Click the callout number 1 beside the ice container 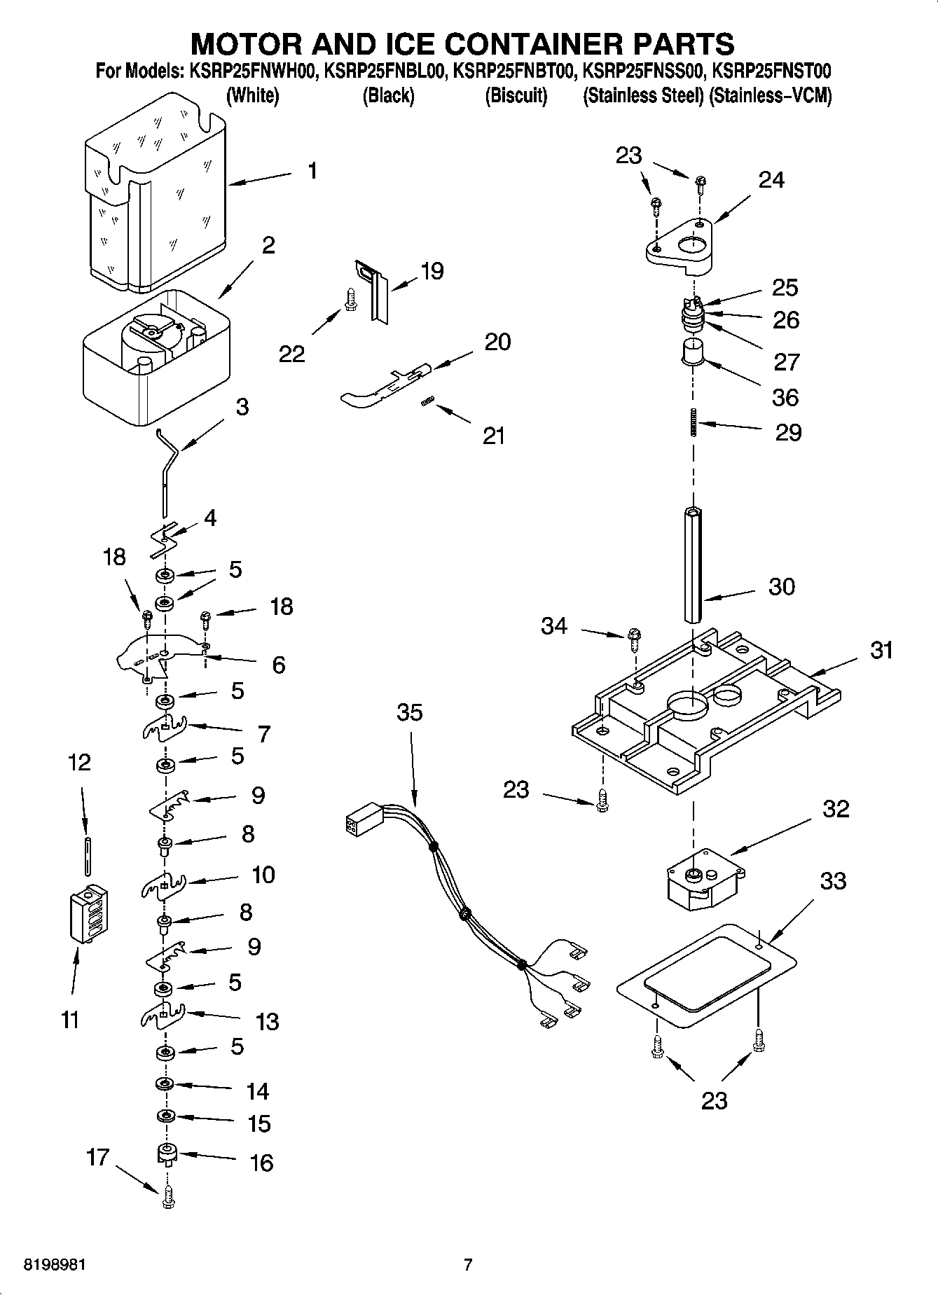point(312,170)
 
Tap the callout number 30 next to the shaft point(782,586)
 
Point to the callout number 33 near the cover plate point(833,880)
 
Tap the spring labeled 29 point(693,423)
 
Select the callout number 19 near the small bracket point(432,271)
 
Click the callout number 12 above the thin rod point(79,762)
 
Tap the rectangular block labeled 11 point(89,914)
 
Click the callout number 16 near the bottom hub point(261,1163)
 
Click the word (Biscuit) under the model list point(516,96)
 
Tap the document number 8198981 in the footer point(55,1265)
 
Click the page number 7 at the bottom point(468,1265)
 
